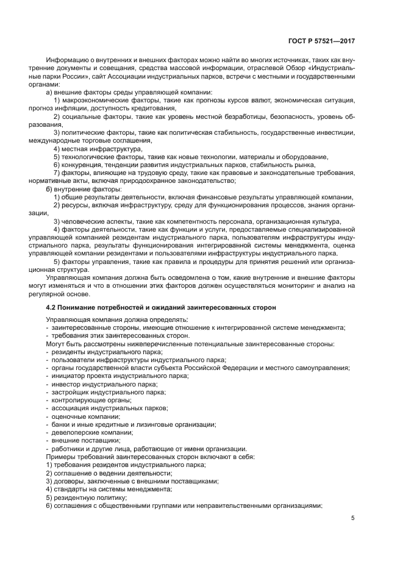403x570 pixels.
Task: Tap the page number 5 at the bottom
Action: tap(352, 518)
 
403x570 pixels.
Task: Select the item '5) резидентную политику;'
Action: tap(86, 497)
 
